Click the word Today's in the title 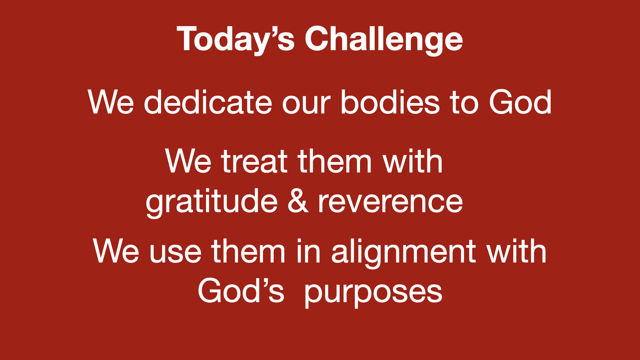point(236,39)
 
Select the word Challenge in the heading point(384,39)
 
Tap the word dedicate point(208,102)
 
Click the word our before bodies point(306,105)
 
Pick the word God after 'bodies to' point(520,102)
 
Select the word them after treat point(335,161)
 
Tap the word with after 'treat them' point(413,161)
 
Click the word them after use point(248,251)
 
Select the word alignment point(403,253)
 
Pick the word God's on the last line point(241,291)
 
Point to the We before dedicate point(111,102)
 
